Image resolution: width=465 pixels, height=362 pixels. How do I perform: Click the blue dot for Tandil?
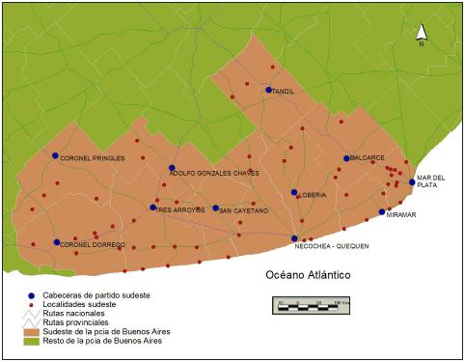[269, 90]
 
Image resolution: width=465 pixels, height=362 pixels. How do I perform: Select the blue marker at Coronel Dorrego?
[57, 242]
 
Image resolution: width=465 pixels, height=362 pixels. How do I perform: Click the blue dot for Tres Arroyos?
[152, 207]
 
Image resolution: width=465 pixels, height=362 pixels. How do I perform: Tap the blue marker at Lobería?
[294, 192]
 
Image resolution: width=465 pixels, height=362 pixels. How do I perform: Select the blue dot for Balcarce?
[346, 158]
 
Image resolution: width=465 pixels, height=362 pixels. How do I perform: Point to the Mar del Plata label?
[430, 181]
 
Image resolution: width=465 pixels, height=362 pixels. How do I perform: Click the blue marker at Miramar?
[382, 212]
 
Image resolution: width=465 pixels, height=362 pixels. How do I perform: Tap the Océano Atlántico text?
[308, 275]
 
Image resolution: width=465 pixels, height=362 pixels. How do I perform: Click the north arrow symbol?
[421, 36]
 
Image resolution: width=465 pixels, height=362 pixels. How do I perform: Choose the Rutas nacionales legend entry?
[79, 314]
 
